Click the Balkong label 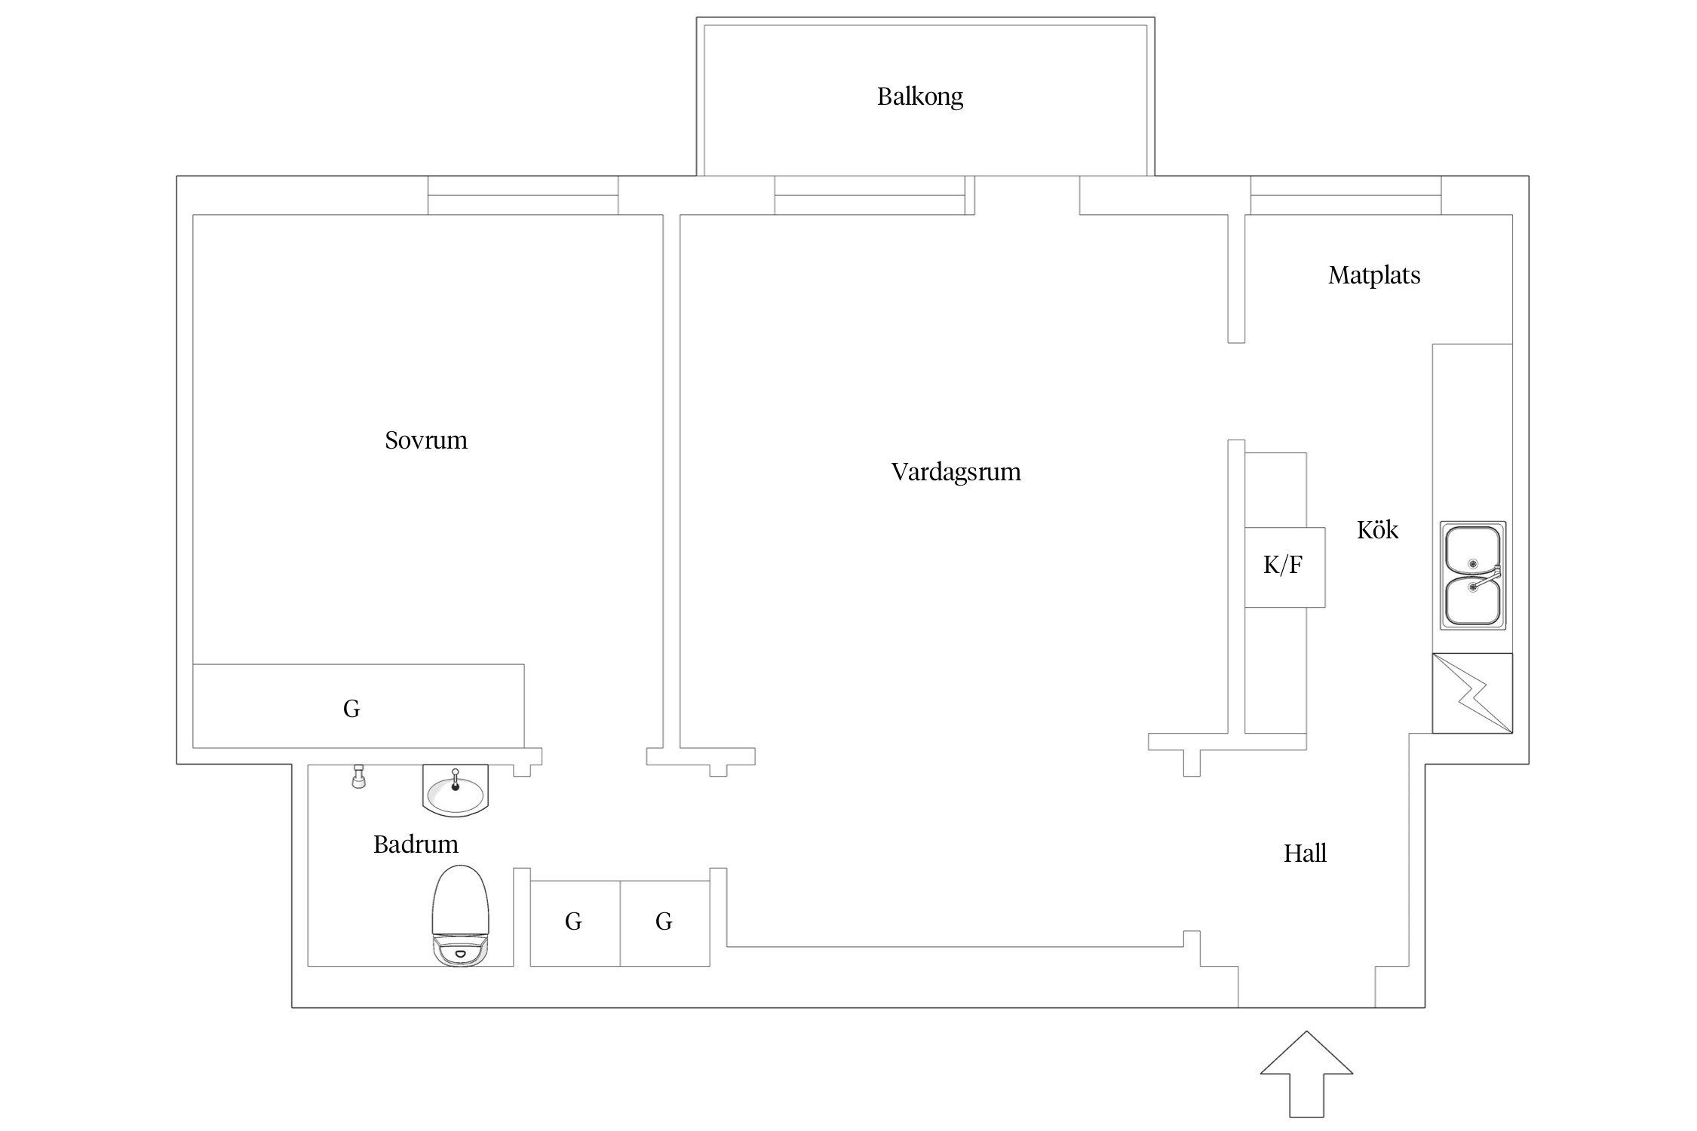tap(919, 97)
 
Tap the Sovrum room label tap(426, 440)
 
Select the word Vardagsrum tap(956, 472)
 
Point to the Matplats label tap(1373, 275)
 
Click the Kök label tap(1377, 530)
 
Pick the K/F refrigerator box tap(1284, 566)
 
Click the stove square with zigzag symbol tap(1471, 693)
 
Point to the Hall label tap(1305, 854)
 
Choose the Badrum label tap(416, 844)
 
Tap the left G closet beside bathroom tap(574, 922)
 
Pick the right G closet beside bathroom tap(664, 922)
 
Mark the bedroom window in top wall tap(523, 195)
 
